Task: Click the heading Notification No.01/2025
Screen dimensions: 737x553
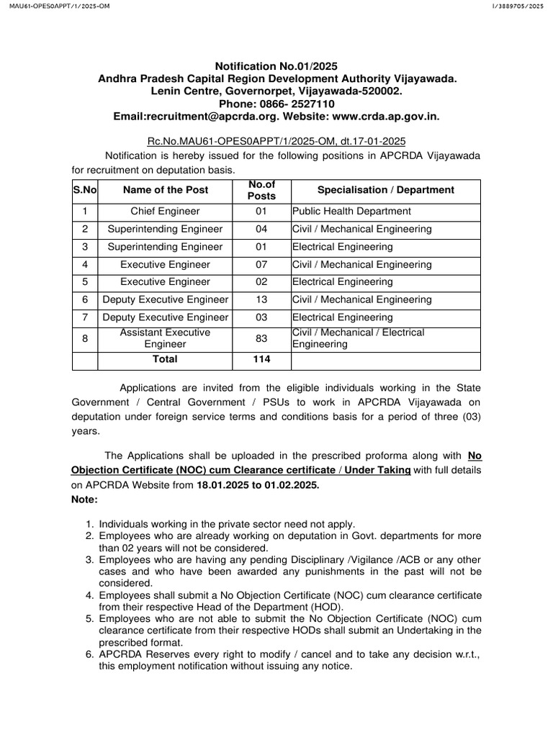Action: point(276,66)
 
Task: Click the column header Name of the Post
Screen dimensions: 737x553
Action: point(166,190)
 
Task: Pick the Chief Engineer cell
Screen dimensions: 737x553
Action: point(166,212)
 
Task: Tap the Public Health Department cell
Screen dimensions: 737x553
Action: point(351,212)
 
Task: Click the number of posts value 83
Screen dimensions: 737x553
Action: point(261,339)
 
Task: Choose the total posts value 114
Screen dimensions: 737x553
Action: point(261,359)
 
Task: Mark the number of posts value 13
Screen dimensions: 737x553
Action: point(261,299)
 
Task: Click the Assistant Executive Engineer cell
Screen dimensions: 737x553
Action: point(166,339)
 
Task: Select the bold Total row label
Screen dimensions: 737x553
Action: point(166,359)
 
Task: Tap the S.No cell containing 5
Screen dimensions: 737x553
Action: point(85,282)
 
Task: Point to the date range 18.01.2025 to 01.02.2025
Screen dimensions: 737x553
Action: point(257,486)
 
